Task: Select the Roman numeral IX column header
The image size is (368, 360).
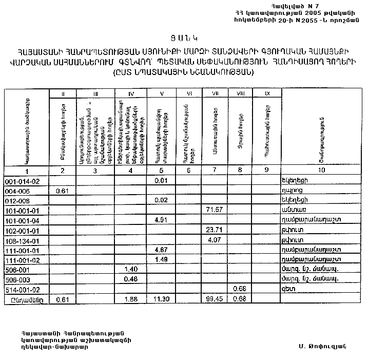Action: coord(266,93)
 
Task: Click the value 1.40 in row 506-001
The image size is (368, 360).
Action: coord(132,269)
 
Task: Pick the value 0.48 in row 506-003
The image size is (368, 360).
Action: coord(132,279)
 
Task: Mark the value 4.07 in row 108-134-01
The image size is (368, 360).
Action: coord(214,239)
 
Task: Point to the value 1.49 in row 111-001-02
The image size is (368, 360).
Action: coord(161,259)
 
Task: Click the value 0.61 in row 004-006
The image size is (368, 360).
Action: coord(62,191)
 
